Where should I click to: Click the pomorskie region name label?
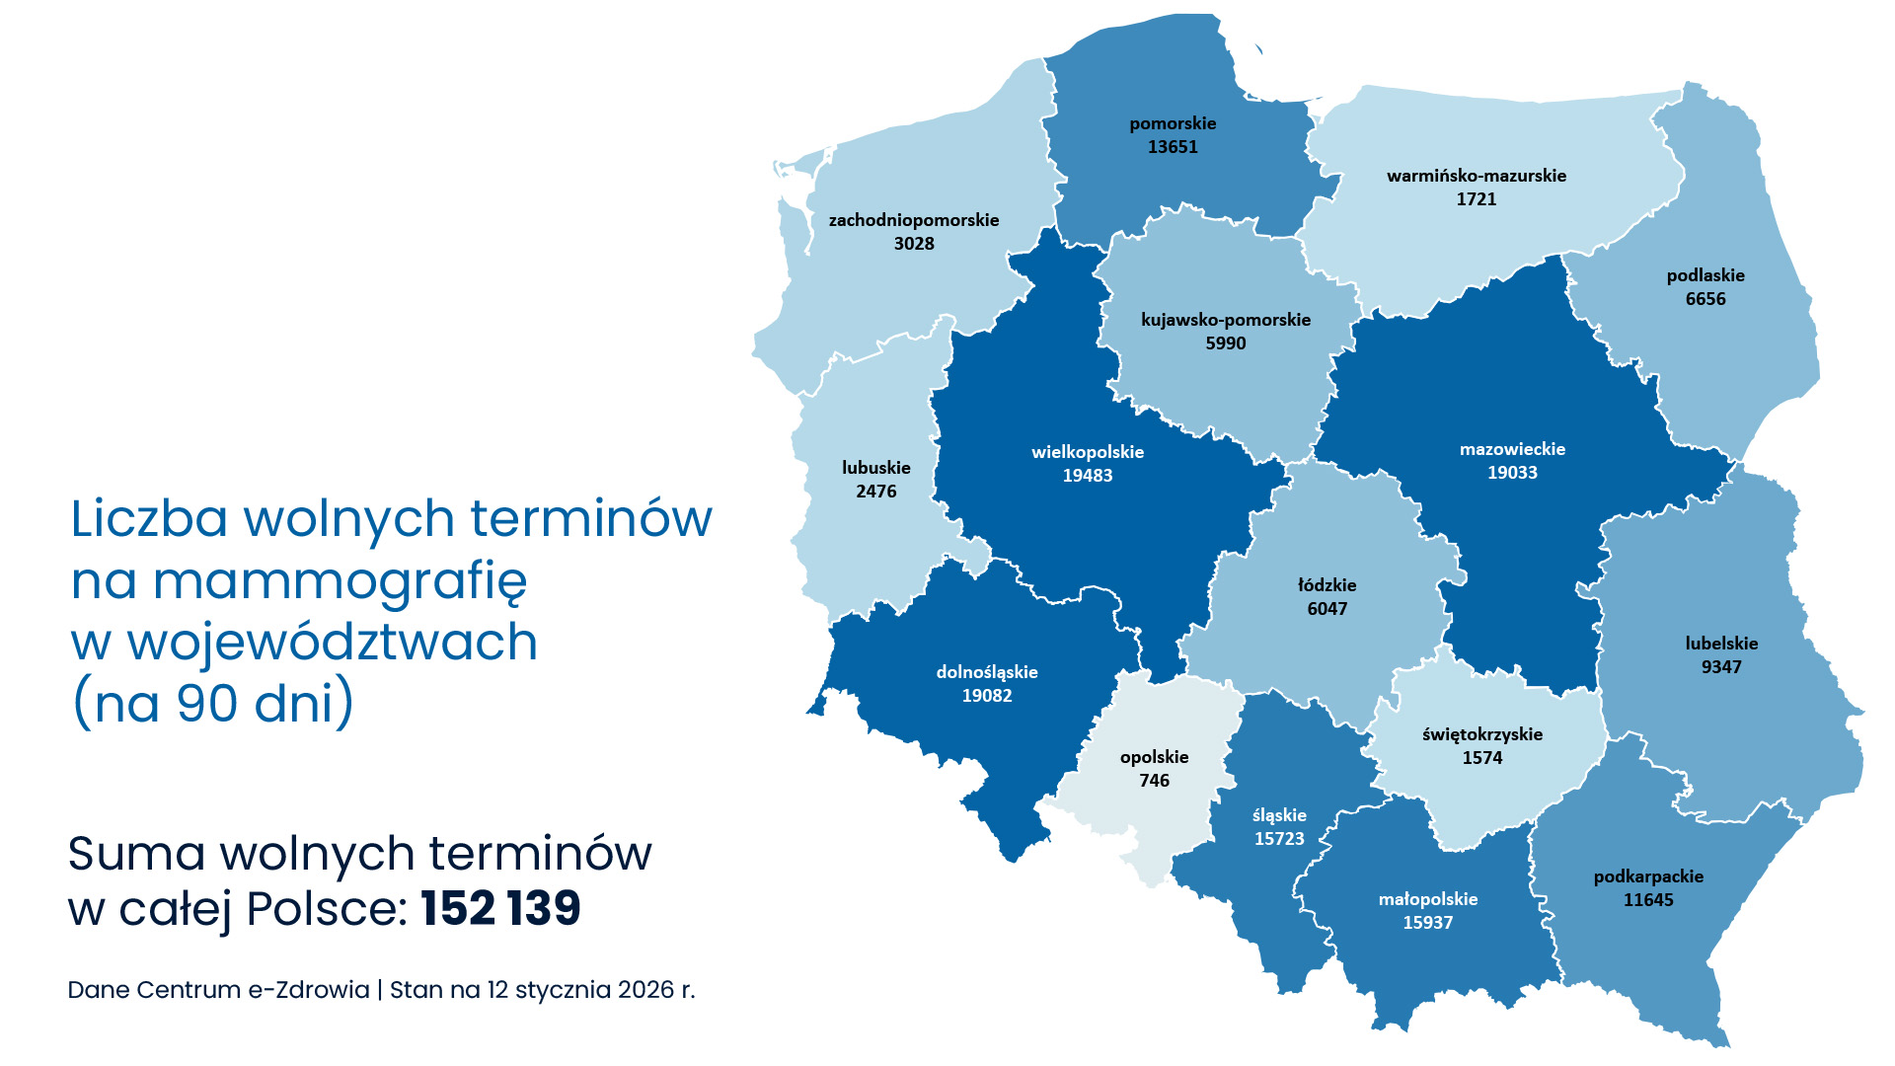click(x=1173, y=123)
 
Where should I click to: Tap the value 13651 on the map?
click(x=1173, y=147)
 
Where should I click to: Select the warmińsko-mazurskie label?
click(x=1477, y=176)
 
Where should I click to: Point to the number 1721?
click(x=1477, y=199)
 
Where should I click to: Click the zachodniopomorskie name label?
click(x=914, y=220)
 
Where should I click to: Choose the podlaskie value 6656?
click(x=1705, y=299)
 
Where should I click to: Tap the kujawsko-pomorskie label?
click(x=1226, y=320)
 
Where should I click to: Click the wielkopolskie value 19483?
click(x=1088, y=476)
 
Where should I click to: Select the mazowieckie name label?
click(x=1512, y=449)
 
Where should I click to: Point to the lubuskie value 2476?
click(x=876, y=492)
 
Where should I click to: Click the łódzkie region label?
click(x=1326, y=585)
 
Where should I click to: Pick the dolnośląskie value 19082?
click(x=987, y=696)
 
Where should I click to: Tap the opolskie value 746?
click(x=1154, y=781)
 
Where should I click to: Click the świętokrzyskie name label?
click(x=1482, y=734)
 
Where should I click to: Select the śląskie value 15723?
click(x=1279, y=839)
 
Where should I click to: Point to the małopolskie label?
click(x=1428, y=899)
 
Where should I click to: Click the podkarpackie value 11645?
click(x=1648, y=900)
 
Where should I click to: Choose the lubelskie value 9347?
click(x=1721, y=667)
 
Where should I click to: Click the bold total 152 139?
click(x=500, y=908)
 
